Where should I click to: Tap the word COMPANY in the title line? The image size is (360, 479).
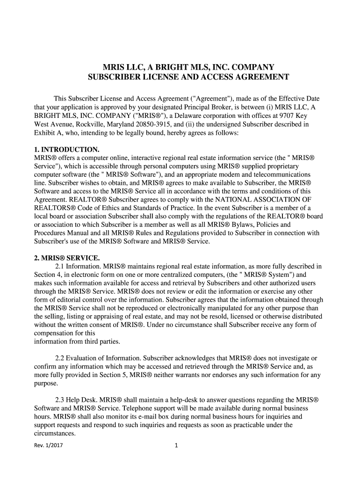tap(250, 66)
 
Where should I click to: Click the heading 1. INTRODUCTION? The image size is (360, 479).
tap(66, 150)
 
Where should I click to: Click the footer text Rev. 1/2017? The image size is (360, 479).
tap(49, 446)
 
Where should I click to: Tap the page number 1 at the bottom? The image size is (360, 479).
tap(176, 446)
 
